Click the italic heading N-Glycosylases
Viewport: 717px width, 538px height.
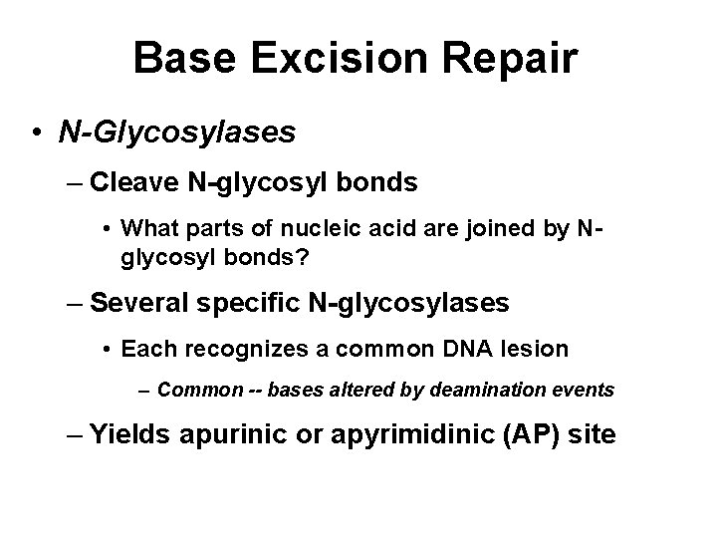pos(176,133)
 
